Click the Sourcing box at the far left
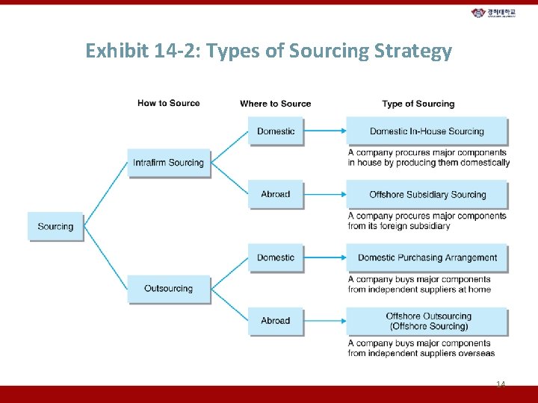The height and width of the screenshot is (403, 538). (x=55, y=226)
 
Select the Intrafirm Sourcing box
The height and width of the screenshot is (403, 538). (x=168, y=163)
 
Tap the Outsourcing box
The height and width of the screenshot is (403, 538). (x=168, y=289)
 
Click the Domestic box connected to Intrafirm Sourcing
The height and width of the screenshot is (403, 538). (x=276, y=131)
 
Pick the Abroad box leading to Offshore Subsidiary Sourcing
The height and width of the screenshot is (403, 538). (x=276, y=194)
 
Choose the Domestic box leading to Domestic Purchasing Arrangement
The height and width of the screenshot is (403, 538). (x=276, y=257)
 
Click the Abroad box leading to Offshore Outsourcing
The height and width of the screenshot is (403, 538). (x=276, y=321)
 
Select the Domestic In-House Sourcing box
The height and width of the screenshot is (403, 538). (x=427, y=131)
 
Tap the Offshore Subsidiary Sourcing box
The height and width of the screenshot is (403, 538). (x=427, y=195)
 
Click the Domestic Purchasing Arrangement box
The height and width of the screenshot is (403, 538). (x=427, y=257)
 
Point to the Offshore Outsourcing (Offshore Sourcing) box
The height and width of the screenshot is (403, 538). (x=427, y=321)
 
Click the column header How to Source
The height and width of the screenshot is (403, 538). (x=168, y=103)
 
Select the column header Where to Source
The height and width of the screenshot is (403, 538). (x=275, y=104)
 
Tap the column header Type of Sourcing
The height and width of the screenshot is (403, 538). (x=418, y=104)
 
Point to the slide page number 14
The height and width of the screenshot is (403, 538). (x=500, y=384)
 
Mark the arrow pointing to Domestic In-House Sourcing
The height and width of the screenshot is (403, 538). (x=327, y=131)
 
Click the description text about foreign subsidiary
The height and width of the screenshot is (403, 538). (x=427, y=221)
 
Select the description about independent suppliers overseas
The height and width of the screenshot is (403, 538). (x=421, y=348)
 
